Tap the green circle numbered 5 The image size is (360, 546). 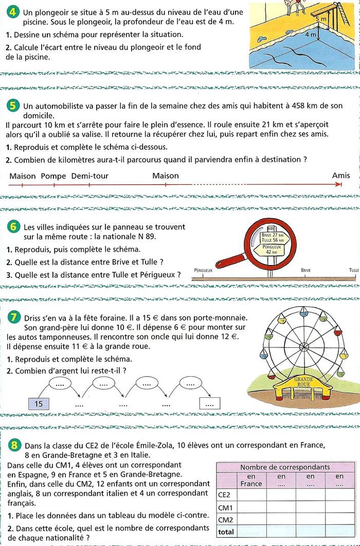point(14,107)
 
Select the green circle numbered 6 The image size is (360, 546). point(14,226)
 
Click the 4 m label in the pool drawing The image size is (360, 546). point(311,35)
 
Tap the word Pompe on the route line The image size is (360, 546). point(53,176)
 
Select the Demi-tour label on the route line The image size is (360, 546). point(89,176)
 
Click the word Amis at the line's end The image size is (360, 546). point(341,175)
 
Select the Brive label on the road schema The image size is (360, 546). point(305,270)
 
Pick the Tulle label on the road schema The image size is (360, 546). point(354,270)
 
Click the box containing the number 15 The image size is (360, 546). point(39,404)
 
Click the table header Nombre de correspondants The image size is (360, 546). point(285,467)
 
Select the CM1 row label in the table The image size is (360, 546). point(226,508)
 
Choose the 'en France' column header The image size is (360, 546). point(251,480)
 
